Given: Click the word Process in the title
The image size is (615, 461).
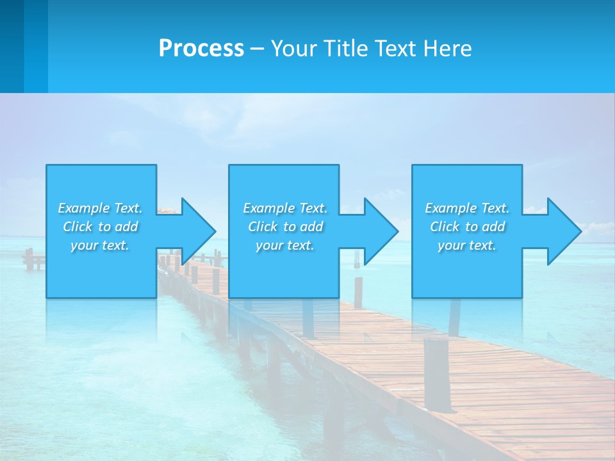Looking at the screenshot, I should point(201,49).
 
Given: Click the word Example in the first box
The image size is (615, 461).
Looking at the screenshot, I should point(83,208).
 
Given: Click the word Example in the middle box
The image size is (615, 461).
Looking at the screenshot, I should point(268,208).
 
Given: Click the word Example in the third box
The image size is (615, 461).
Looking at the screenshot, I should point(450,208).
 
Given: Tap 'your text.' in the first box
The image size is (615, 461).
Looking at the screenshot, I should point(100,245).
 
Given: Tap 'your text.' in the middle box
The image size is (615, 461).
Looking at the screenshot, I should point(285,245).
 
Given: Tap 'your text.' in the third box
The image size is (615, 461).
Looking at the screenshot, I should point(467,245).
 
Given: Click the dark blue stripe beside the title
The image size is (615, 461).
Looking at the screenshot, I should point(12,46).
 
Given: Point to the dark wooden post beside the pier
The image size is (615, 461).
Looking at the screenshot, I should point(437,375).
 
